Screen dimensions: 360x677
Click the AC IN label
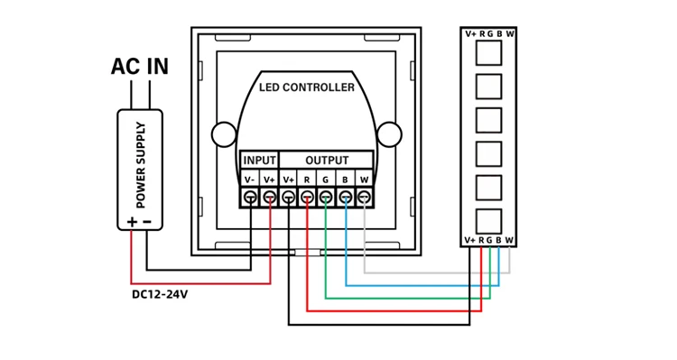pos(140,67)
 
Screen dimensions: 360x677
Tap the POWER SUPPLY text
pos(141,165)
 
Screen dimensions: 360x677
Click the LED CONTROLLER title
pos(307,88)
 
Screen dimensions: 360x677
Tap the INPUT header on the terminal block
pos(260,161)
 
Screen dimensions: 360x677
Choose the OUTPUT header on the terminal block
pos(326,161)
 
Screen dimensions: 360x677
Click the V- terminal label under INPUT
pos(250,179)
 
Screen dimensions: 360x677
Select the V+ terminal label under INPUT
pos(269,179)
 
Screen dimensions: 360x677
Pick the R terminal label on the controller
pos(307,179)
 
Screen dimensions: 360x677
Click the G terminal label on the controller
pos(326,179)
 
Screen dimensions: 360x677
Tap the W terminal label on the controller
pos(364,179)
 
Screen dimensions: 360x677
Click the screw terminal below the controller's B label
pos(345,197)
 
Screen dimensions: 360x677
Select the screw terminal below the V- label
pos(250,197)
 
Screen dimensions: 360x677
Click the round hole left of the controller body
pos(224,135)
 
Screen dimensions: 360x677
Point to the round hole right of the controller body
pos(389,135)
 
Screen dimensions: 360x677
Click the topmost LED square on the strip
pos(488,52)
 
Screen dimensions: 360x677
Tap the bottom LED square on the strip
pos(488,221)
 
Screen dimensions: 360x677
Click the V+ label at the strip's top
pos(471,34)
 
